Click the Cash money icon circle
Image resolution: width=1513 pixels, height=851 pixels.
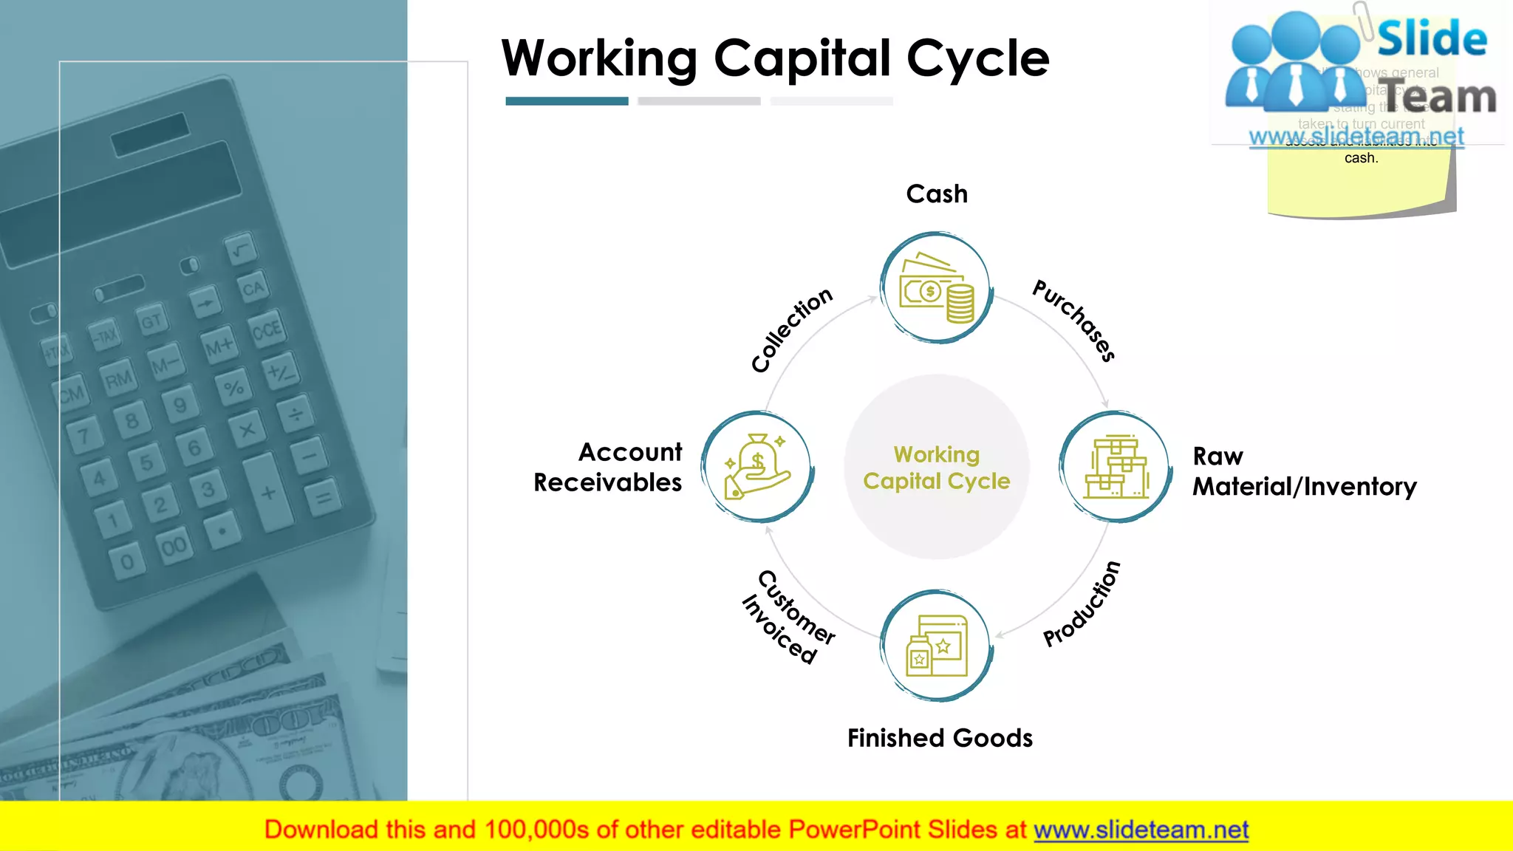pyautogui.click(x=937, y=287)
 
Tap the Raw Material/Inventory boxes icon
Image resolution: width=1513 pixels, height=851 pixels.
pyautogui.click(x=1116, y=467)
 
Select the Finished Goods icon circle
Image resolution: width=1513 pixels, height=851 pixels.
pyautogui.click(x=937, y=646)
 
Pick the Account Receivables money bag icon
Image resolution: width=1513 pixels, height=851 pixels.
pyautogui.click(x=757, y=467)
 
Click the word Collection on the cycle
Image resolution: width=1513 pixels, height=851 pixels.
pyautogui.click(x=791, y=329)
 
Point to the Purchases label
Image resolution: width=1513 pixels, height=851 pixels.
pyautogui.click(x=1074, y=320)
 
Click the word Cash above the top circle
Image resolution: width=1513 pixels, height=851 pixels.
pyautogui.click(x=937, y=194)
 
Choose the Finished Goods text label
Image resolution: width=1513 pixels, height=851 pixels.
pyautogui.click(x=940, y=738)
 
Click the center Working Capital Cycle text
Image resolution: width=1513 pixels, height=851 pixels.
pyautogui.click(x=937, y=468)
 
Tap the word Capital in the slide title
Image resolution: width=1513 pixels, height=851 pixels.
pyautogui.click(x=802, y=58)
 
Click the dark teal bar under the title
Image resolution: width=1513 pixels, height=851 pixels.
pyautogui.click(x=567, y=101)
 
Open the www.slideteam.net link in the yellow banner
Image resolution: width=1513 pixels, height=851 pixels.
pyautogui.click(x=1141, y=830)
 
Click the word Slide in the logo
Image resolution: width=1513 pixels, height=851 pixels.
pyautogui.click(x=1432, y=38)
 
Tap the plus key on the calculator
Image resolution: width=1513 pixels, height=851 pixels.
pyautogui.click(x=267, y=493)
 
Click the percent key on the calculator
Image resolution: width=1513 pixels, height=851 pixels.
pyautogui.click(x=234, y=387)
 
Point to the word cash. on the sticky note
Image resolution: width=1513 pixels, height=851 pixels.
pyautogui.click(x=1361, y=158)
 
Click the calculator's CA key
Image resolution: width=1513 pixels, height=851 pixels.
pyautogui.click(x=253, y=288)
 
